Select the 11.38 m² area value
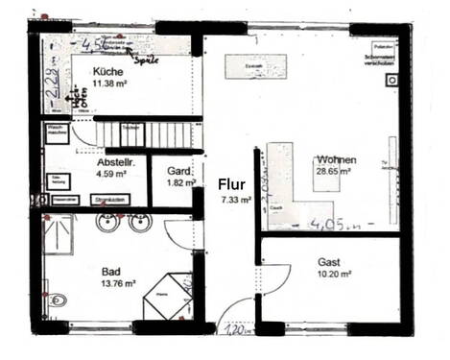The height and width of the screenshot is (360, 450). [x=109, y=83]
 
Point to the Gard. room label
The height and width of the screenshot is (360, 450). [x=180, y=171]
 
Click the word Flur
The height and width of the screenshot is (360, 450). [x=231, y=182]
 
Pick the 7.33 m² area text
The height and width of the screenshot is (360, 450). [x=235, y=200]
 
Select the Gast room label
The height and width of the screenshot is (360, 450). [x=331, y=261]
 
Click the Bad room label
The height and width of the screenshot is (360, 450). [x=111, y=272]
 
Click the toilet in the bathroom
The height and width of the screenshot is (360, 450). [x=56, y=301]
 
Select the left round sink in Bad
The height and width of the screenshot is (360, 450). [x=106, y=225]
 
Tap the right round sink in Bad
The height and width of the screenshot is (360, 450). [x=140, y=225]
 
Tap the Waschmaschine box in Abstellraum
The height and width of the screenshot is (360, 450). [x=55, y=132]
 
